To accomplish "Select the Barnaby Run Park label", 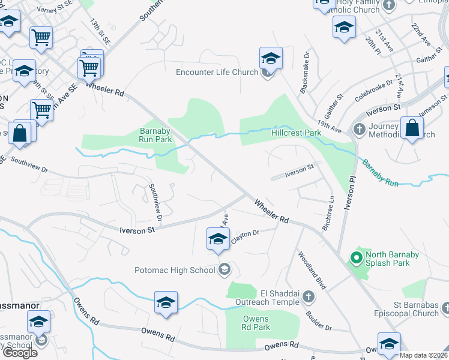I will click(x=156, y=135).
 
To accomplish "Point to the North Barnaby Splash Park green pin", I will click(x=355, y=259).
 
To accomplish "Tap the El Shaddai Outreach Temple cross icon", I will click(x=308, y=296).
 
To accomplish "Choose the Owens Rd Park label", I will click(x=256, y=323).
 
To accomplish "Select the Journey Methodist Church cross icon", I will click(x=359, y=130).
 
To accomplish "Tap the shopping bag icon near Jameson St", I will click(x=412, y=128).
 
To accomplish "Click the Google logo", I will click(x=20, y=353).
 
